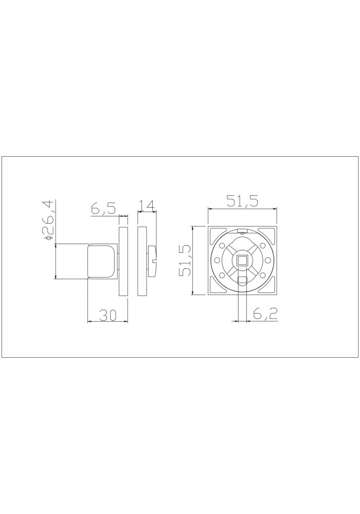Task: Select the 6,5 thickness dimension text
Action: tap(103, 209)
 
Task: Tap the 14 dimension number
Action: tap(146, 206)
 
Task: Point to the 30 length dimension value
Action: tap(108, 315)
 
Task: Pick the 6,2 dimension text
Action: tap(265, 315)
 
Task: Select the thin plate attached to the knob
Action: tap(123, 261)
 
